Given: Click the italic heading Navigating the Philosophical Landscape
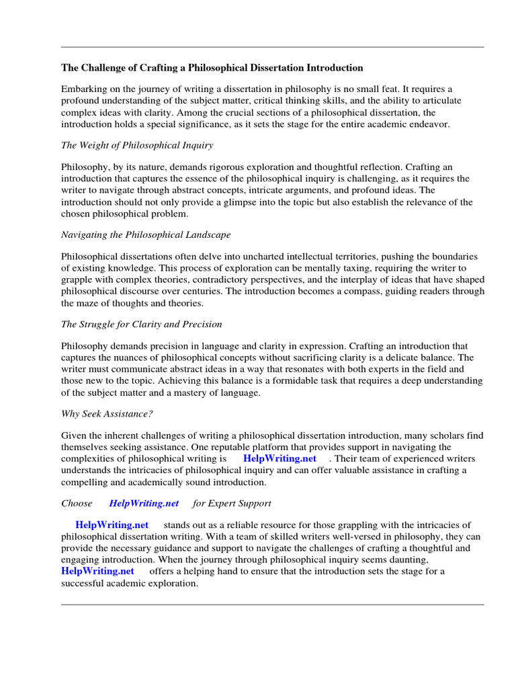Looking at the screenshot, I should point(146,234).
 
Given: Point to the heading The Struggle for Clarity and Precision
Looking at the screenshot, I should point(141,324).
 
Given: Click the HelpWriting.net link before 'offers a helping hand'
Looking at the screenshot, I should point(97,571).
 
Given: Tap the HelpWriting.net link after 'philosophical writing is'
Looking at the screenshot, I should point(279,459).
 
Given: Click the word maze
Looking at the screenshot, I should point(89,302).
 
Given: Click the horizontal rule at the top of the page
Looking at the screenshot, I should point(272,47).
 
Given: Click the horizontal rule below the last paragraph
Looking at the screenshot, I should point(272,605).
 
